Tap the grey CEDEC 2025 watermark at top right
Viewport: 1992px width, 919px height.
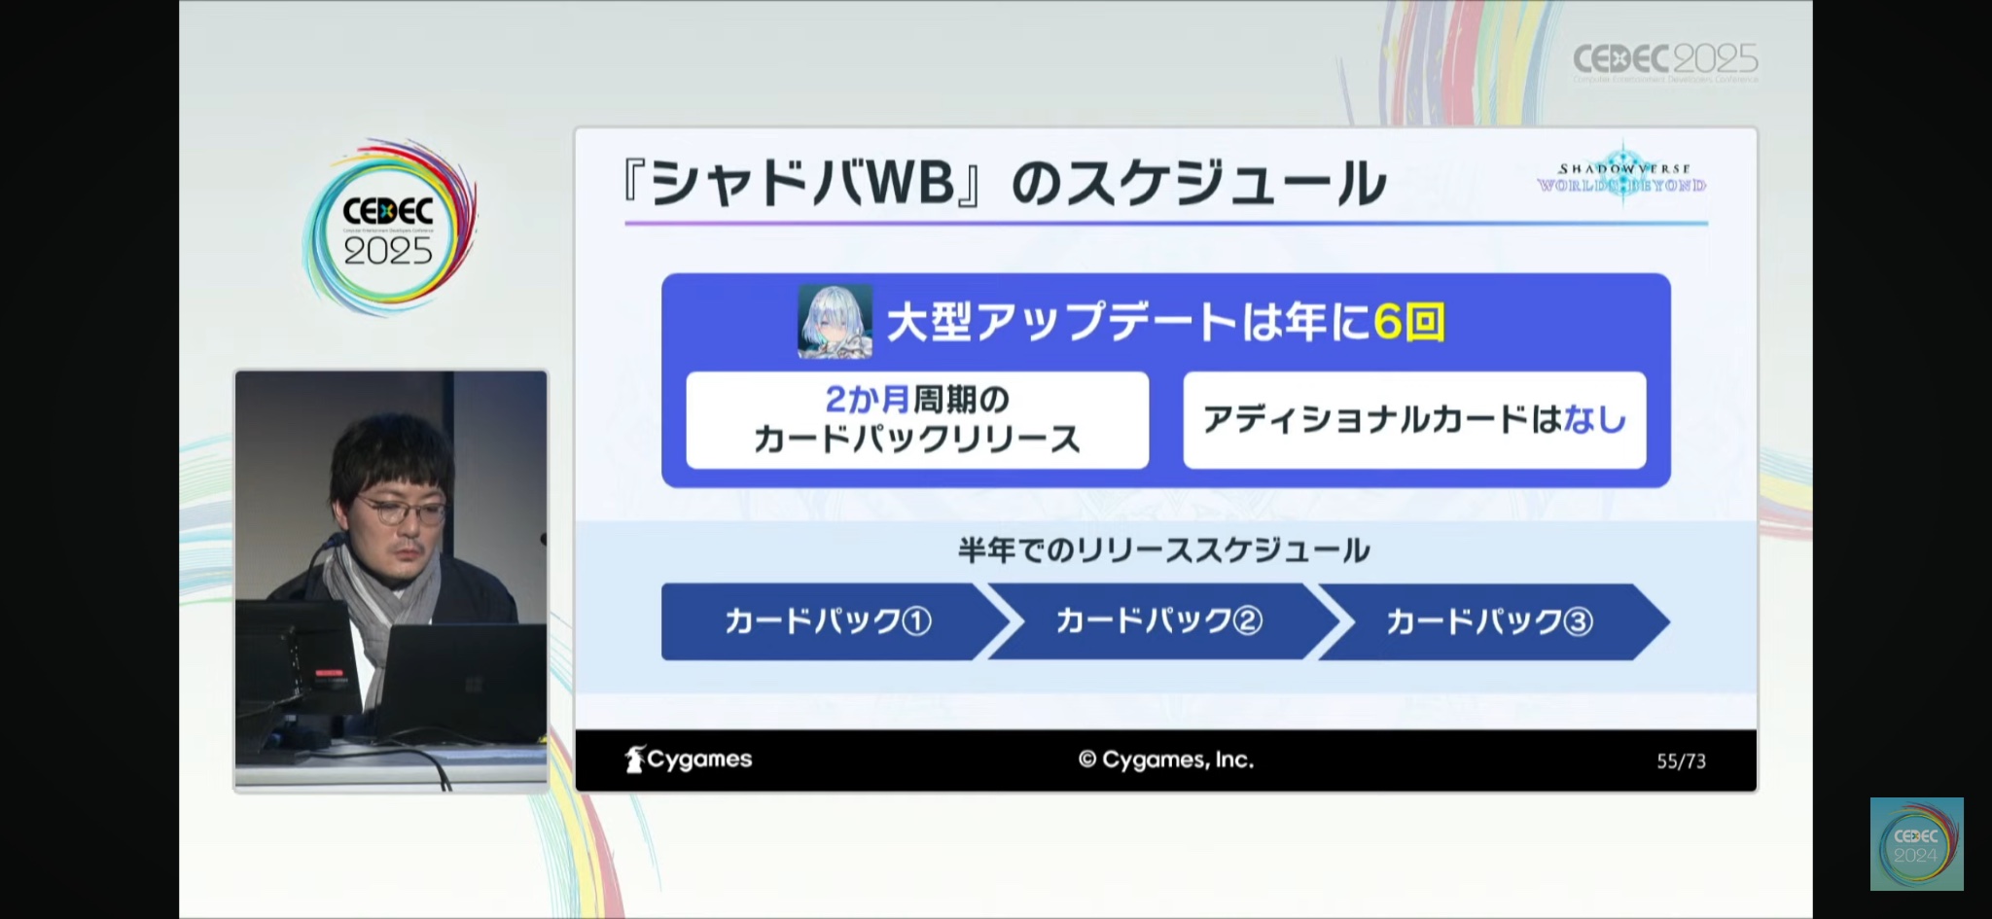point(1665,61)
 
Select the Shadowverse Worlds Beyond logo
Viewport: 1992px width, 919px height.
point(1621,174)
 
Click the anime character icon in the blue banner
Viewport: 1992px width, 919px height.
point(835,322)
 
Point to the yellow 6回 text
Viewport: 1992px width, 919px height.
point(1409,322)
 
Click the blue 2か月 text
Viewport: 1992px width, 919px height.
point(868,399)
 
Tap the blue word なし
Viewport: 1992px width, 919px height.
point(1595,419)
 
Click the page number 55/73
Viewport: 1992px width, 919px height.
point(1681,761)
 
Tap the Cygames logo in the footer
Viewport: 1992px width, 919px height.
point(689,760)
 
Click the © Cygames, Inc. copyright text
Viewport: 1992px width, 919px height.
point(1166,760)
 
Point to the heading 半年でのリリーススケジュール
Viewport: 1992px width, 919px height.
point(1164,550)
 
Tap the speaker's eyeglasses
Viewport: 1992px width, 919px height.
point(401,510)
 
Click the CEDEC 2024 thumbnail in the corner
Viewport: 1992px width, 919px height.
point(1916,844)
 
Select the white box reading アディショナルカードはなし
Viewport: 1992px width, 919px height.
point(1414,420)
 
